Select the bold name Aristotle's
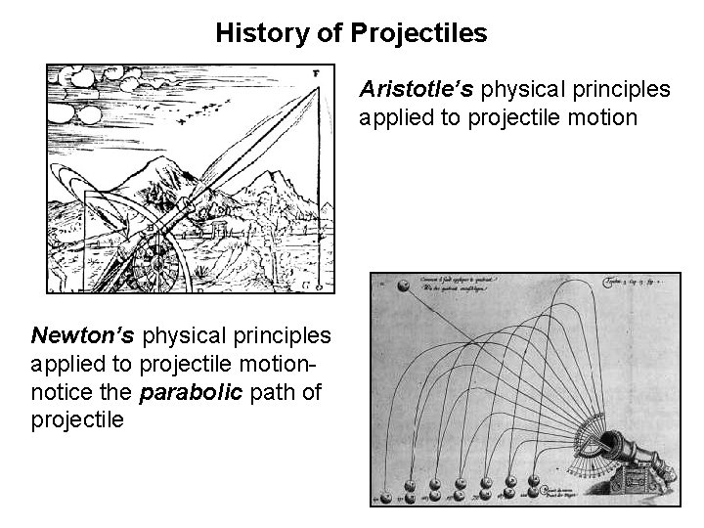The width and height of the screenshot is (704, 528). [x=417, y=90]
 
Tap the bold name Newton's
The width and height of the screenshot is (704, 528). [x=84, y=336]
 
